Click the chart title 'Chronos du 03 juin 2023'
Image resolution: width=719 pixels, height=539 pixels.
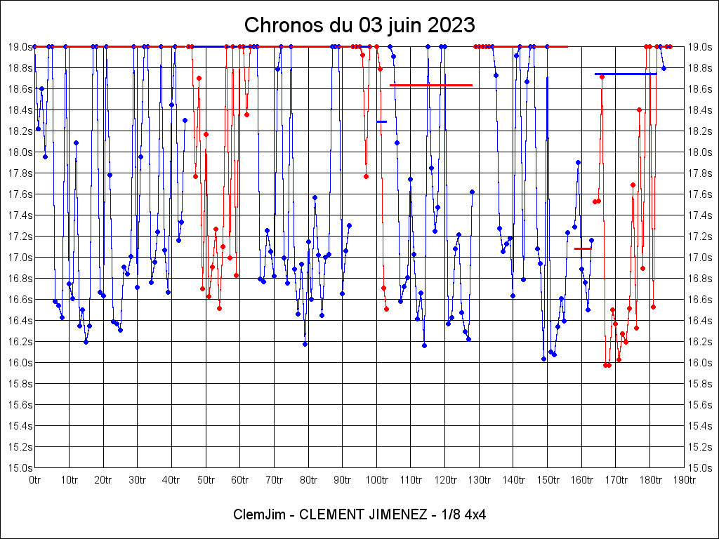(x=359, y=25)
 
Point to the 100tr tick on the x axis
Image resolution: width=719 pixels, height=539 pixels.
(x=376, y=480)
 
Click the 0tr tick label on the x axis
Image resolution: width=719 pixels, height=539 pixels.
(x=34, y=480)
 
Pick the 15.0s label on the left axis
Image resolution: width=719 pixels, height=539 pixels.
(x=20, y=467)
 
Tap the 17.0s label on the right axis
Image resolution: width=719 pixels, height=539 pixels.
(x=700, y=257)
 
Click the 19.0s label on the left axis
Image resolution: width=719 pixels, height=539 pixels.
(x=20, y=47)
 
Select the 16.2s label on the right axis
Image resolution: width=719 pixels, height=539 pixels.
(x=700, y=341)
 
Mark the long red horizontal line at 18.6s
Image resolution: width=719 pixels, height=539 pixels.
(x=430, y=85)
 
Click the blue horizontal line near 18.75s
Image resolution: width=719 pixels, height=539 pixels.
(x=625, y=74)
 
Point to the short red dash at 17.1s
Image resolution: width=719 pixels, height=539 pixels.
(x=583, y=248)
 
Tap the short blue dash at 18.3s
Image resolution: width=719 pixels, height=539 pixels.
(x=381, y=121)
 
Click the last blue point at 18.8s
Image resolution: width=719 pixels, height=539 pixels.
(x=664, y=68)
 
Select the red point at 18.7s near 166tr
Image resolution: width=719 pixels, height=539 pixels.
(x=602, y=76)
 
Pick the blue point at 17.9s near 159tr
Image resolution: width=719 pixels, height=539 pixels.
(x=578, y=162)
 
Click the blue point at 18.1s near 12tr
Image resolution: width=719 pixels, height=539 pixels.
(x=76, y=142)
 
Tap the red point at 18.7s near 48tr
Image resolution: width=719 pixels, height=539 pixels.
(x=199, y=78)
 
